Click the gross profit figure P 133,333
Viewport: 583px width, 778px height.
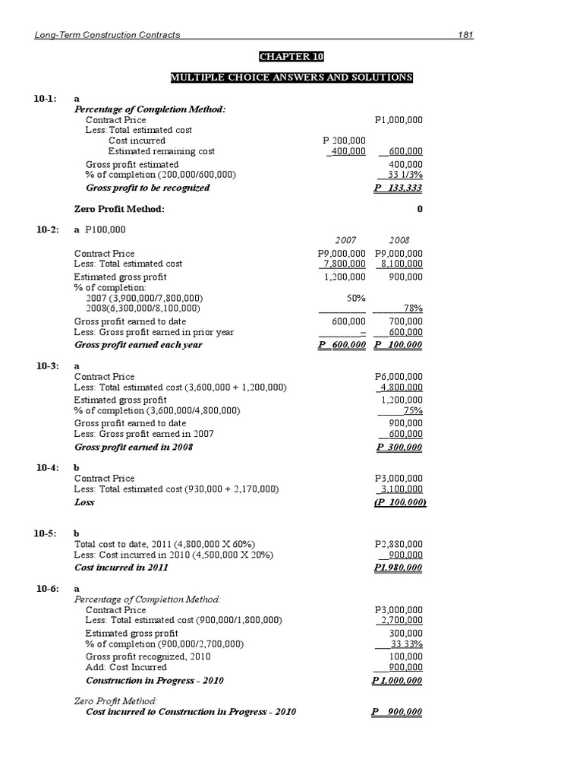point(399,188)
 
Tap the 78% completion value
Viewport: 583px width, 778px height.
point(412,308)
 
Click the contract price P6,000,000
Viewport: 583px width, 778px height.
point(399,377)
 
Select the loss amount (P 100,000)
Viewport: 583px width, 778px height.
point(399,502)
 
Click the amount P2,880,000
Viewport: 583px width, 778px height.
point(399,545)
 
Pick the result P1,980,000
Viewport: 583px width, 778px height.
point(399,568)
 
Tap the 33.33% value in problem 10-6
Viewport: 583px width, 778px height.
point(407,644)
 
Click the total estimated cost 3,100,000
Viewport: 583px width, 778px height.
point(402,489)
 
